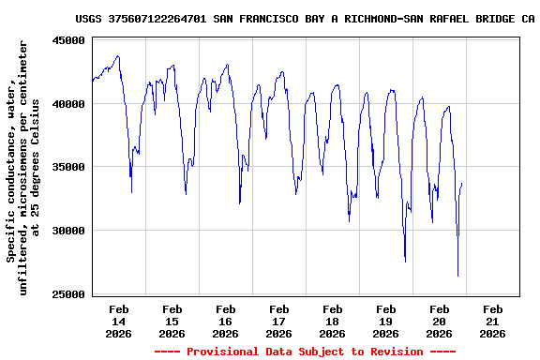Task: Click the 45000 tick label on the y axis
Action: tap(68, 40)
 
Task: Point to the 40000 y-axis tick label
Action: tap(68, 104)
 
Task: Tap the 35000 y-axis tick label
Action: tap(68, 167)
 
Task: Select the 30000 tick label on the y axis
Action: tap(68, 231)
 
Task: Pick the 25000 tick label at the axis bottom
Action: tap(68, 294)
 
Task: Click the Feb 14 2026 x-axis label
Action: tap(119, 321)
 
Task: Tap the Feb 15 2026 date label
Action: tap(172, 321)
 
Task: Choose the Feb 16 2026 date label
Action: tap(226, 321)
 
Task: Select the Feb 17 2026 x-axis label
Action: tap(279, 321)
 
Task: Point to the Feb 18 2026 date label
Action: tap(333, 321)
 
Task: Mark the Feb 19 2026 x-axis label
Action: tap(386, 321)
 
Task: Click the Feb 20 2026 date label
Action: tap(440, 321)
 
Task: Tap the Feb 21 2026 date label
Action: tap(493, 321)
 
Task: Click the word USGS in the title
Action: tap(88, 18)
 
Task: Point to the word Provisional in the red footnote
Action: tap(223, 352)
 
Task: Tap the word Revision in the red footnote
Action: tap(391, 352)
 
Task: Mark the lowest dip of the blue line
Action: tap(457, 276)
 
